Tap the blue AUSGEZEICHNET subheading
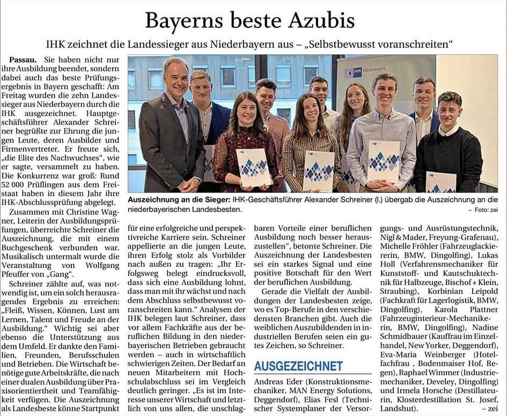(298, 367)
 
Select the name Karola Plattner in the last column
(464, 309)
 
